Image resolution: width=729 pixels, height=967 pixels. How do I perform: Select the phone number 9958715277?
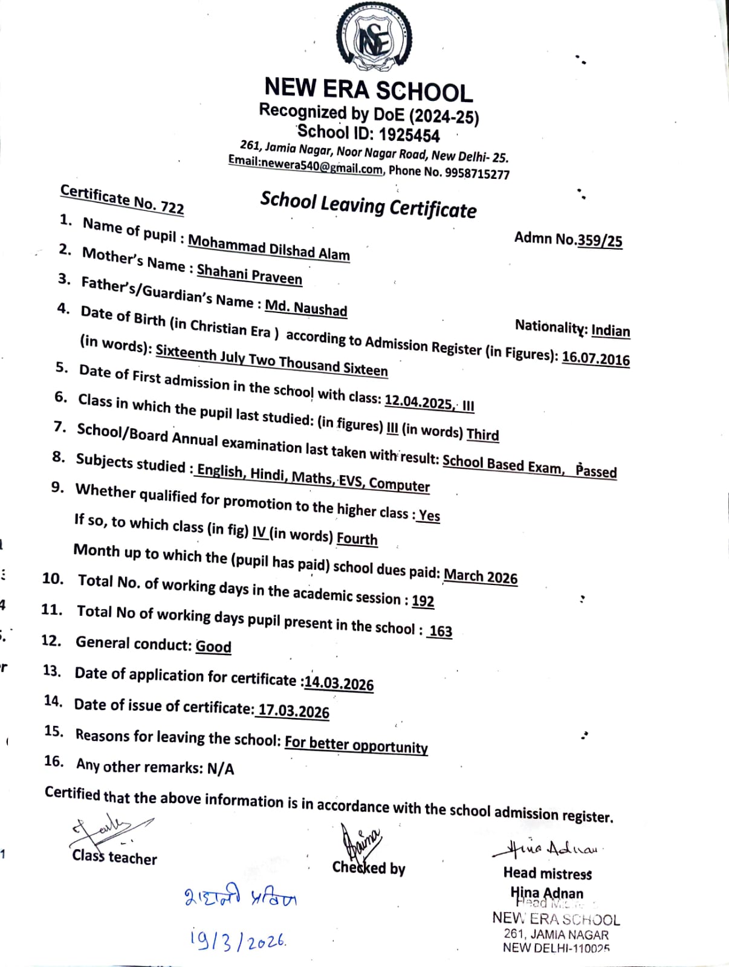pyautogui.click(x=477, y=174)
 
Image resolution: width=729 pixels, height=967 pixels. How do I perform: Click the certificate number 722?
pyautogui.click(x=172, y=207)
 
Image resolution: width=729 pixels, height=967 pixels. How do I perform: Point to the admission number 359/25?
pyautogui.click(x=600, y=241)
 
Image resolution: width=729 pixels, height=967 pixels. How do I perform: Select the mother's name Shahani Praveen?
pyautogui.click(x=250, y=274)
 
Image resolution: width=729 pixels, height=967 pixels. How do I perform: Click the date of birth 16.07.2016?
pyautogui.click(x=595, y=358)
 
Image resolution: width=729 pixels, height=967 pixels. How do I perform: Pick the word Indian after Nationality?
pyautogui.click(x=611, y=330)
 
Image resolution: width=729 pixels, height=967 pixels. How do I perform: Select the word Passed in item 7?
pyautogui.click(x=596, y=470)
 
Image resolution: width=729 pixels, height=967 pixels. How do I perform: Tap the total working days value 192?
pyautogui.click(x=423, y=601)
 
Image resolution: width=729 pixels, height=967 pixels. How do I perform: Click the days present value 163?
pyautogui.click(x=441, y=631)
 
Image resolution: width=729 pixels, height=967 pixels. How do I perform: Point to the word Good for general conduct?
pyautogui.click(x=213, y=646)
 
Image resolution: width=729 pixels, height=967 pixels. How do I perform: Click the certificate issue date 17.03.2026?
pyautogui.click(x=294, y=711)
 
